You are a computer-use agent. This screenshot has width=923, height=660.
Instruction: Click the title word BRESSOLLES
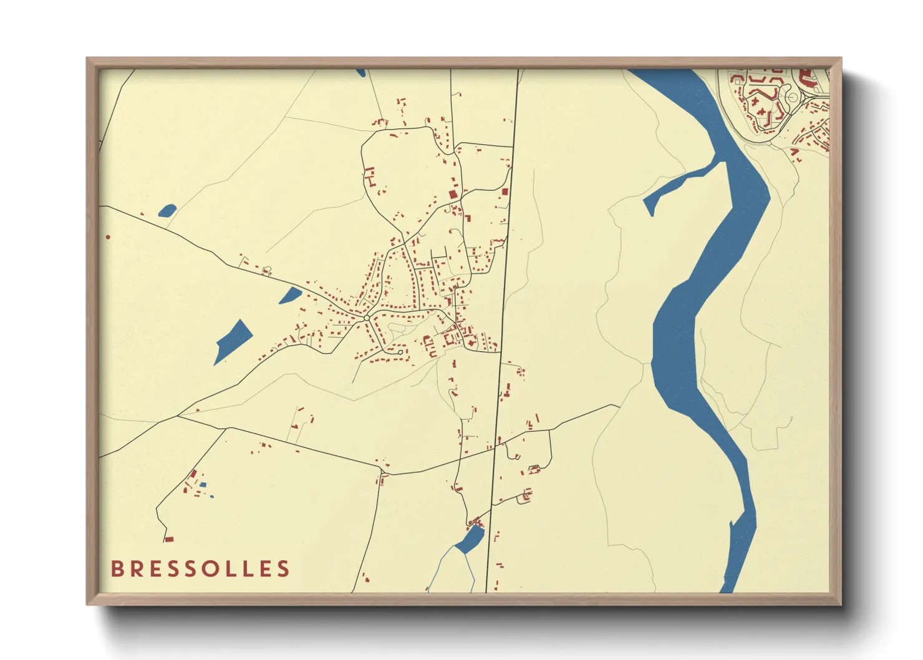click(x=200, y=569)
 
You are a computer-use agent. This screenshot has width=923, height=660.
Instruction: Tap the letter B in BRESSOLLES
click(x=117, y=569)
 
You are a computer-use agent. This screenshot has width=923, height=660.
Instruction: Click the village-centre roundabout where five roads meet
click(x=367, y=319)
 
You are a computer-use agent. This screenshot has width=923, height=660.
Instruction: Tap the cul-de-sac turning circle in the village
click(x=400, y=352)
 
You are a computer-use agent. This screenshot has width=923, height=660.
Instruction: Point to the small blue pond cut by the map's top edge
click(x=360, y=72)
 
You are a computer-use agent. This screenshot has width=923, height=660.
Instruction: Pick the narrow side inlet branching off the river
click(x=680, y=181)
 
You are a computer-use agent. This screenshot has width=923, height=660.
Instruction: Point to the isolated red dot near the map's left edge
click(x=108, y=237)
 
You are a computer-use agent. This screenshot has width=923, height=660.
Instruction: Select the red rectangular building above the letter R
click(x=168, y=539)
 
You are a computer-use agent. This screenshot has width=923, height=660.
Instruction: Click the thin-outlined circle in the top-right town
click(x=792, y=97)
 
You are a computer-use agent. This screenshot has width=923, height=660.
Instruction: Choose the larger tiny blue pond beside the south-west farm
click(x=203, y=485)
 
